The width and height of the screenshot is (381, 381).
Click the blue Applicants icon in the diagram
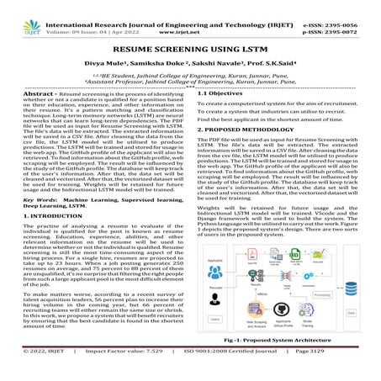pos(214,272)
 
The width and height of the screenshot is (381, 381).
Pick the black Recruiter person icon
pos(214,298)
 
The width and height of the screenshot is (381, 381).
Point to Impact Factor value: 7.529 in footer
pos(139,373)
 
